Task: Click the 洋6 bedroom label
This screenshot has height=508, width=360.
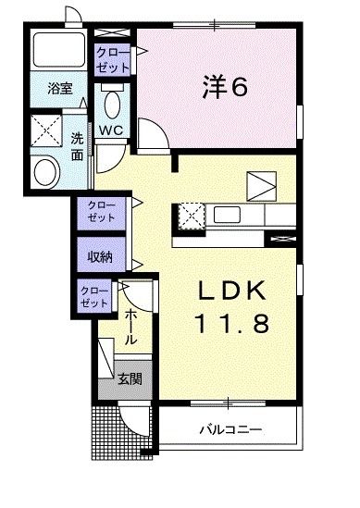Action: (225, 87)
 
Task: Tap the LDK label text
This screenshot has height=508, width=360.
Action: (231, 290)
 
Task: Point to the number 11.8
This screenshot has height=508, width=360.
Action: (231, 324)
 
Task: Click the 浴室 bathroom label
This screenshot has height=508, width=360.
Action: (60, 88)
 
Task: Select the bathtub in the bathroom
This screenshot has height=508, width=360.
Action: (58, 50)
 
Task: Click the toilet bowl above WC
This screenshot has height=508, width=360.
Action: (112, 105)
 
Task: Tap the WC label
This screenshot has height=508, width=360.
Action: (111, 130)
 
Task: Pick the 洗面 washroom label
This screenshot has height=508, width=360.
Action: (77, 146)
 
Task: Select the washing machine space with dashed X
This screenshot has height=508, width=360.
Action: (45, 130)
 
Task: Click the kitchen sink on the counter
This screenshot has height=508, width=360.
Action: (227, 215)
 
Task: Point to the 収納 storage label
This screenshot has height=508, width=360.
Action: (101, 256)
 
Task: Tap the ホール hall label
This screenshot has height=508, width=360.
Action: (130, 327)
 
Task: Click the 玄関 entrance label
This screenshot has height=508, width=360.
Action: (130, 378)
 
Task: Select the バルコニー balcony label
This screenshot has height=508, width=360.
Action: (230, 430)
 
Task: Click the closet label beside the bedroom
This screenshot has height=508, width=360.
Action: (113, 59)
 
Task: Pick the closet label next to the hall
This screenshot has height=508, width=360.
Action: (94, 297)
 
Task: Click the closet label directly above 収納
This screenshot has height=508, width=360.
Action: (102, 211)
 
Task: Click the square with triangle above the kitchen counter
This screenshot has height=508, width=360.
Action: (262, 186)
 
